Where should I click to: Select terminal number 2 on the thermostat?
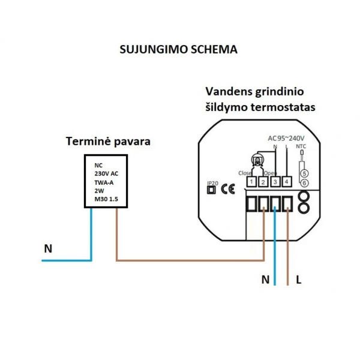[x=263, y=181]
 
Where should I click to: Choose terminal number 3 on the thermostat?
[x=275, y=181]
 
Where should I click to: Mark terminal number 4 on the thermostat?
[x=287, y=181]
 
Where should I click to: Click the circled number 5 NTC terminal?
[x=304, y=173]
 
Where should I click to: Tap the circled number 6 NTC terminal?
[x=304, y=182]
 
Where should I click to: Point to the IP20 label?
[x=211, y=182]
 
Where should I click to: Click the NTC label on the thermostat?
[x=302, y=146]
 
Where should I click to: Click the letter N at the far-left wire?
[x=48, y=247]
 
